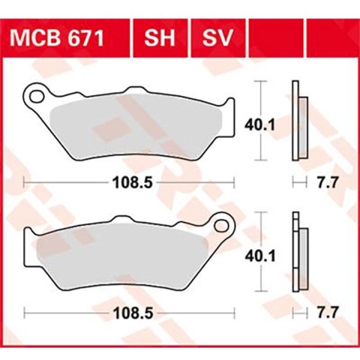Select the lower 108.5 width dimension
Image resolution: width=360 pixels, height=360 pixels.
coord(129,310)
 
